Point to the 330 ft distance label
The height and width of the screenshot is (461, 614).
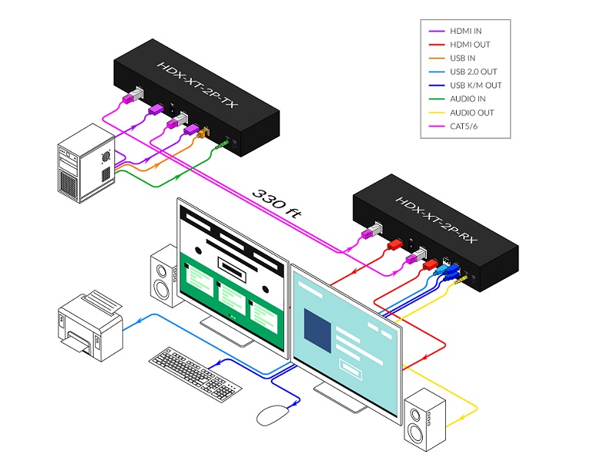pos(276,202)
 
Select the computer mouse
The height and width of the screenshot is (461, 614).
pos(271,415)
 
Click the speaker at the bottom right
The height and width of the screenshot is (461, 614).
pos(424,418)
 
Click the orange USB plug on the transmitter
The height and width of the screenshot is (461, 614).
pos(203,134)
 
